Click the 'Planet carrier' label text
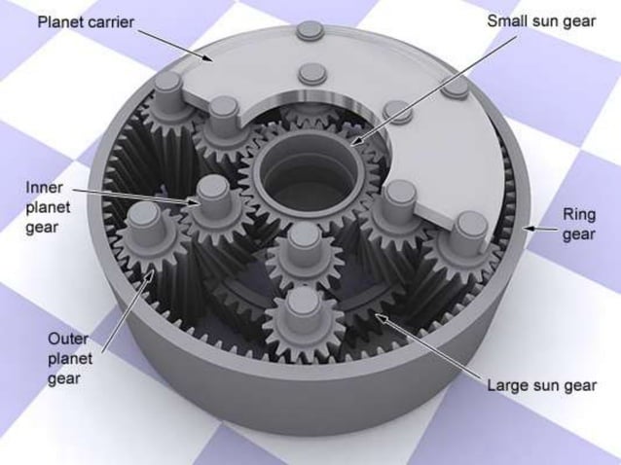86,20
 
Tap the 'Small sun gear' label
540,20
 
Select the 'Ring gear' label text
578,225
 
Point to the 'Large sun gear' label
540,384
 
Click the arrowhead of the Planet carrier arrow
216,60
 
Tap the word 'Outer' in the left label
66,338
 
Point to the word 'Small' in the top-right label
507,20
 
